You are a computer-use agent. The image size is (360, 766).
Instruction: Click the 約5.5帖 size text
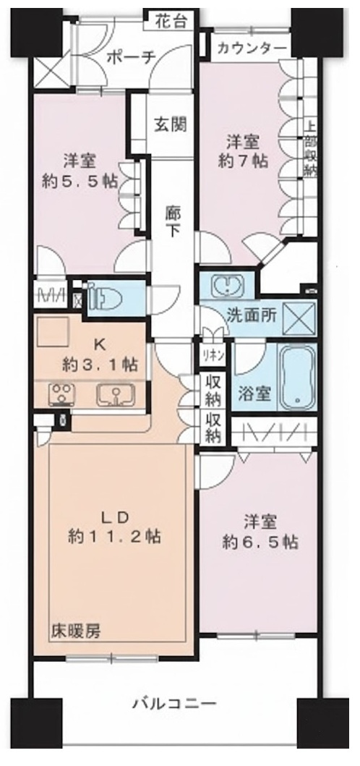pos(80,181)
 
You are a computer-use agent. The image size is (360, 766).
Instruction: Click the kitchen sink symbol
pos(114,395)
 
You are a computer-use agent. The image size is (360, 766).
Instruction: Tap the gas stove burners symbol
pos(62,396)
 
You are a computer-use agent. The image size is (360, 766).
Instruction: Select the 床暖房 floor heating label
pos(76,630)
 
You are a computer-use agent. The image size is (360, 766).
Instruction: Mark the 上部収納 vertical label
pos(310,150)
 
